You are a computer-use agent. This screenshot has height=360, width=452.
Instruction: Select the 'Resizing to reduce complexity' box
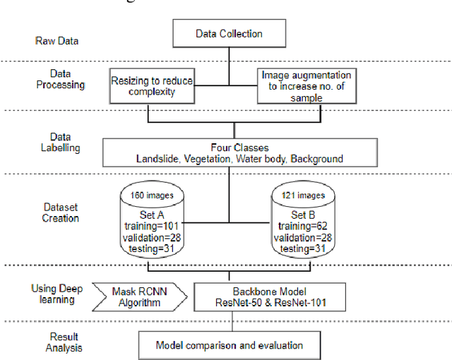coord(152,86)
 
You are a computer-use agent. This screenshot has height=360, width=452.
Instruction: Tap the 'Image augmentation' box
coord(306,86)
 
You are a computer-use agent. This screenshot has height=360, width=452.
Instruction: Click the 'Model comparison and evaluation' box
coord(230,344)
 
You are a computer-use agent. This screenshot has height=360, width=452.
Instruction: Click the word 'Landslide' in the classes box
coord(158,159)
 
